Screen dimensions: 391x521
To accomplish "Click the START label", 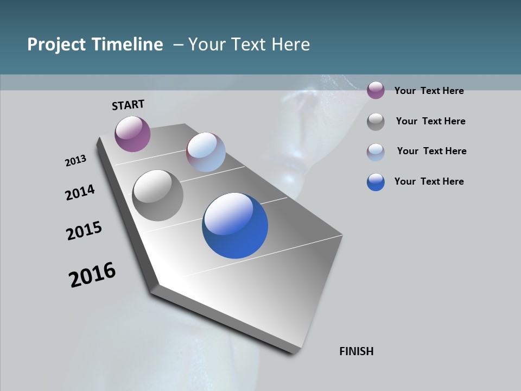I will [128, 105].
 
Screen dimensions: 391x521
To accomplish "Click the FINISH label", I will [356, 351].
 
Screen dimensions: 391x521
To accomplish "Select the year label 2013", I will [75, 161].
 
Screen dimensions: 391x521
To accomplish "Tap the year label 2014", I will [80, 192].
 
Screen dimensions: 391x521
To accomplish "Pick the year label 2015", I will [84, 231].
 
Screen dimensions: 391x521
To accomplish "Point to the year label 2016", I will [92, 275].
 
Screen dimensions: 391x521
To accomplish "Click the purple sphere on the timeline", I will [132, 134].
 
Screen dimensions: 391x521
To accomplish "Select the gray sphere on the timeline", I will [157, 195].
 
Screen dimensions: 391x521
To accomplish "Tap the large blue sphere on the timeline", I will [235, 225].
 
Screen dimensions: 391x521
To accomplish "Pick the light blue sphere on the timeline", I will [206, 152].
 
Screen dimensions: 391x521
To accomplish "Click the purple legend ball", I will [376, 91].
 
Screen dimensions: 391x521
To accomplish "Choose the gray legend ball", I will [376, 122].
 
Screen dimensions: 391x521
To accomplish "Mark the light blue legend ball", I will [376, 152].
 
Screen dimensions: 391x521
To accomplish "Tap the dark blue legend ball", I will [376, 182].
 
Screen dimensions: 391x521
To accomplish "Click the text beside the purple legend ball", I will [429, 91].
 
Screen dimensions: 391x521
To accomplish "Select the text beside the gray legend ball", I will [430, 121].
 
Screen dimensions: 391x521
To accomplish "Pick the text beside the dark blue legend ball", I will [429, 181].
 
